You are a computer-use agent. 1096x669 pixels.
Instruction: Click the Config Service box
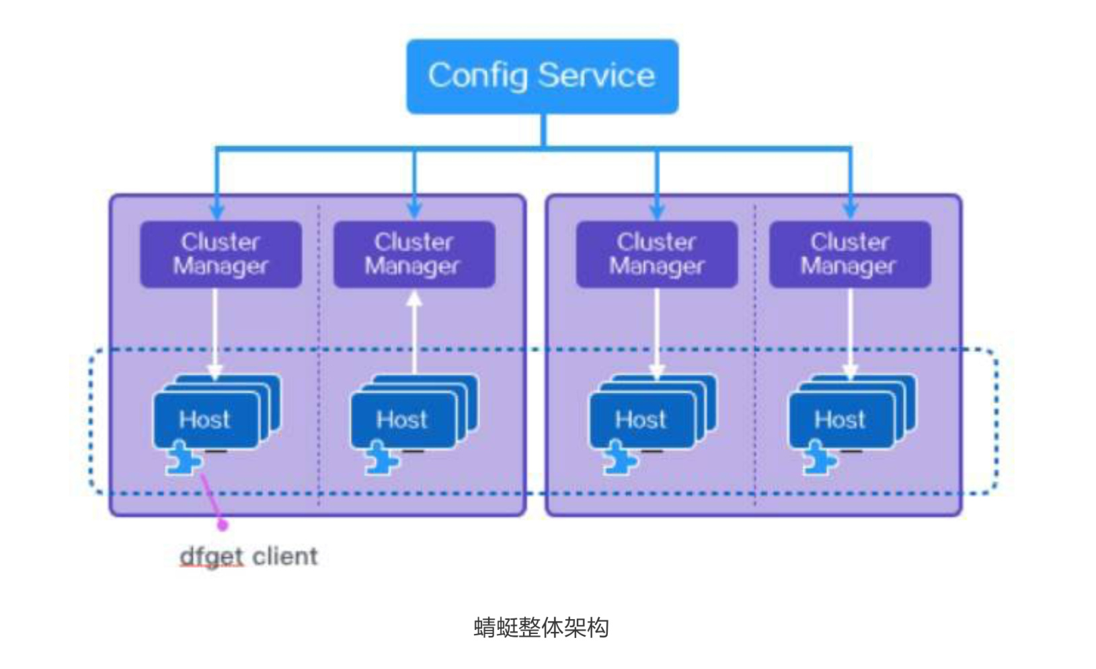[x=542, y=76]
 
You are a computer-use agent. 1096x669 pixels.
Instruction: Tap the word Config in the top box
[x=477, y=75]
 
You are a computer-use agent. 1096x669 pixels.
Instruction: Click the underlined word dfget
[x=211, y=557]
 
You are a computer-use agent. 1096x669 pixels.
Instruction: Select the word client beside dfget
[x=284, y=557]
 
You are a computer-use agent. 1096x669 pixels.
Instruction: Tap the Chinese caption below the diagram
[x=541, y=627]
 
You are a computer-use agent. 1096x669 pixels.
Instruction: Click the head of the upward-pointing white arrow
[x=414, y=298]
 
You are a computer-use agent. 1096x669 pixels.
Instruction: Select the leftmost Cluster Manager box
[x=221, y=254]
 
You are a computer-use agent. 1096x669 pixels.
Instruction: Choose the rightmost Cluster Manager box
[x=850, y=254]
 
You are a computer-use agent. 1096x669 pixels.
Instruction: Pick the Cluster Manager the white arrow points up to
[x=414, y=254]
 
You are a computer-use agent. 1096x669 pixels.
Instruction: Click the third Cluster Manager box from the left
[x=656, y=254]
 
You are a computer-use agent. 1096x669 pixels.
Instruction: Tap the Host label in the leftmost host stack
[x=204, y=420]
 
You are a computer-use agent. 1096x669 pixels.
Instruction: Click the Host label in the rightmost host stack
[x=840, y=420]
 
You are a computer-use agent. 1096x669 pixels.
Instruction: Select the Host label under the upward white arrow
[x=401, y=420]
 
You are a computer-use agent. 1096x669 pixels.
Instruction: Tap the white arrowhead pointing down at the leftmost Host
[x=214, y=372]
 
